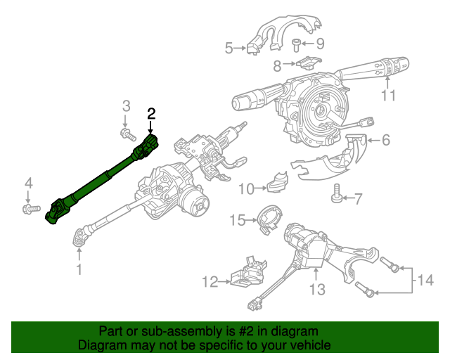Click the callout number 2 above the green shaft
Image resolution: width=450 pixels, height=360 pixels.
[151, 113]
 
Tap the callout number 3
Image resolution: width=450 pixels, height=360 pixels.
[127, 106]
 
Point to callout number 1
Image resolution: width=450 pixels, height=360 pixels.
[79, 269]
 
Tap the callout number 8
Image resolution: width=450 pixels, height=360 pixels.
[277, 67]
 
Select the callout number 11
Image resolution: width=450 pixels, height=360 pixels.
[389, 96]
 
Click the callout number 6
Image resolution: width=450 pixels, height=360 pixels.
[385, 140]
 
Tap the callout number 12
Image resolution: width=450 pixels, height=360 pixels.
[210, 283]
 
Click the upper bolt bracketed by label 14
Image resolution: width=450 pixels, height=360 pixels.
[390, 266]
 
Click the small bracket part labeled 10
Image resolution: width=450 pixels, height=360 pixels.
[277, 182]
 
